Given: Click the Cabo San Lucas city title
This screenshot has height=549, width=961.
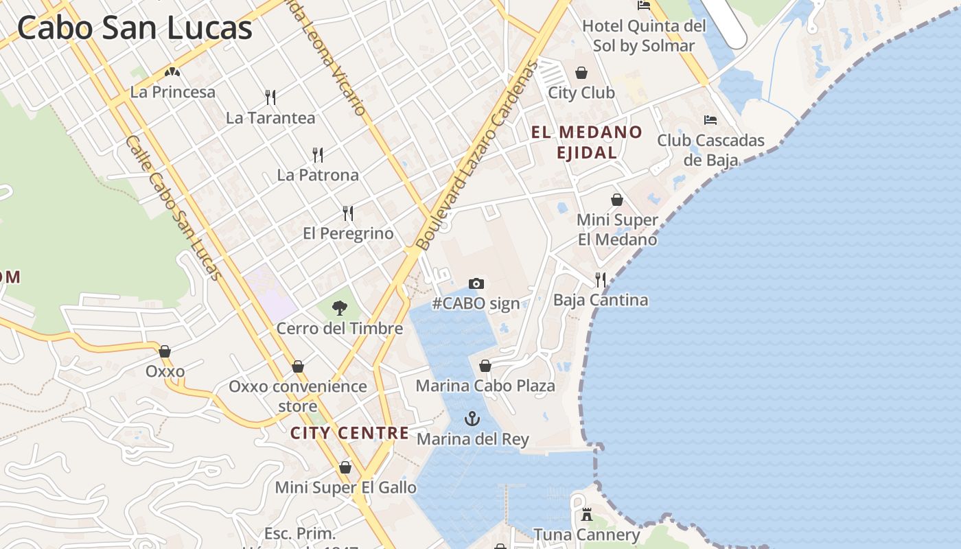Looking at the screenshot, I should (135, 28).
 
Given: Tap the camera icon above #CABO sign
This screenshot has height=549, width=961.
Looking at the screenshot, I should (476, 283).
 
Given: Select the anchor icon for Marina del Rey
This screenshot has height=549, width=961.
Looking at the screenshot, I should (472, 418).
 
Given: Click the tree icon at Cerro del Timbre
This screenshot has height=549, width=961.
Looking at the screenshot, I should (339, 308).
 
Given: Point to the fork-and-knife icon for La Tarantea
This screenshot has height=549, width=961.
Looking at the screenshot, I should (270, 97).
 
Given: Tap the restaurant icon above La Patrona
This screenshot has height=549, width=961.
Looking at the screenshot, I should (317, 154).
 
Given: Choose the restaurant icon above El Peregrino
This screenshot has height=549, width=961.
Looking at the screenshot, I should (348, 213).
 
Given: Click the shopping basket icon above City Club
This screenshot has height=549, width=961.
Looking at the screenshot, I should (581, 72).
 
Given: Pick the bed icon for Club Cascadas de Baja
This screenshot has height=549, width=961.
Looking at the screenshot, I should (710, 120).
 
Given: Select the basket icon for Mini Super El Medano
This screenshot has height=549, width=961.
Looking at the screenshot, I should (617, 200).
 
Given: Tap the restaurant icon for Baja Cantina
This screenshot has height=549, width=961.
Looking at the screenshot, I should (601, 279).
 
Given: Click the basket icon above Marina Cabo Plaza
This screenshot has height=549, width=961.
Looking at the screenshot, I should (485, 366).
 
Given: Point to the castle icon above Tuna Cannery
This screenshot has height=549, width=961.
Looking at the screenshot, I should (587, 514).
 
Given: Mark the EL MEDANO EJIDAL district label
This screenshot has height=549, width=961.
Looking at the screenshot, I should (587, 142).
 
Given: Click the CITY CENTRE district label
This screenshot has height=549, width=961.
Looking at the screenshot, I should (349, 433).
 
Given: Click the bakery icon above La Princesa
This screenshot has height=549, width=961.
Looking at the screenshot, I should (172, 71).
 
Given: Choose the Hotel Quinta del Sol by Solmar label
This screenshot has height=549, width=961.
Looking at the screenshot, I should (644, 36).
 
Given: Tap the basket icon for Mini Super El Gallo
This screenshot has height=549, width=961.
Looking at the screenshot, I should (345, 467).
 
